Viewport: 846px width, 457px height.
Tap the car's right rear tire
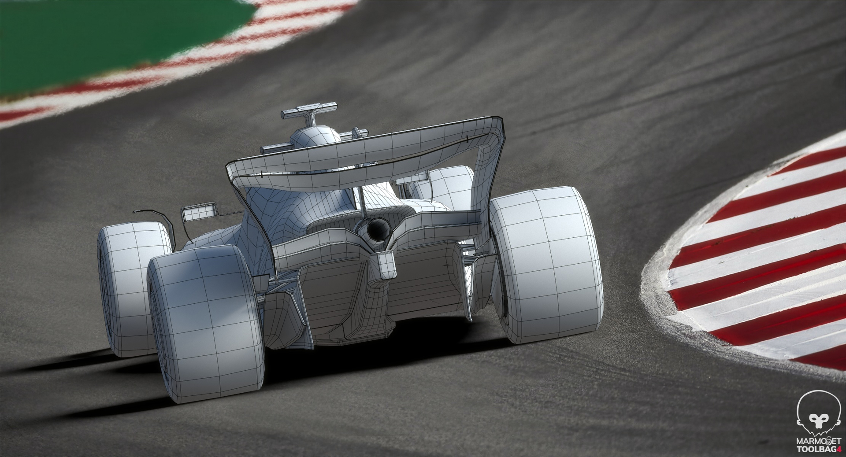pos(546,264)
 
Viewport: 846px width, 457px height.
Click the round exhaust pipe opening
pos(377,228)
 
